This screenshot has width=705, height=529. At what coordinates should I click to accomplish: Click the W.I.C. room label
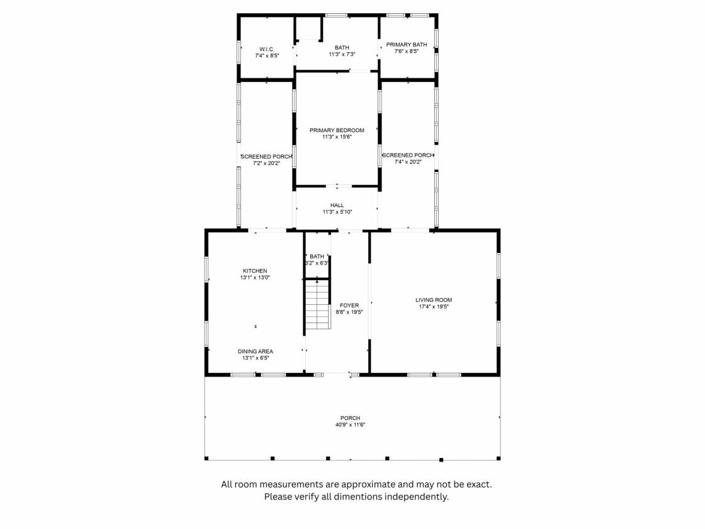click(267, 49)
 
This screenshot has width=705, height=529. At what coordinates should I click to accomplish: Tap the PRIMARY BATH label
click(407, 45)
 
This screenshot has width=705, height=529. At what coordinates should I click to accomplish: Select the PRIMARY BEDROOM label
click(337, 130)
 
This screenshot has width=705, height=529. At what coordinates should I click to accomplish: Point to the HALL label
click(337, 205)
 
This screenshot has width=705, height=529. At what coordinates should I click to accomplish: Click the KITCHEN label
click(255, 271)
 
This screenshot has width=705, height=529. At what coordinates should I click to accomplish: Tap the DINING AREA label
click(256, 351)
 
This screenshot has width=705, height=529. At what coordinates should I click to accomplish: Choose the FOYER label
click(349, 305)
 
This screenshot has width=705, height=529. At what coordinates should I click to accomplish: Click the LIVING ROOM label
click(434, 300)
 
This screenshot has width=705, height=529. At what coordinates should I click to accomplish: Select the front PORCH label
click(350, 418)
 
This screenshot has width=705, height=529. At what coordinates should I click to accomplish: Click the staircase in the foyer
click(318, 304)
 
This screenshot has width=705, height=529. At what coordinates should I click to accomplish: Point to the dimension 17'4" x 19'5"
click(434, 307)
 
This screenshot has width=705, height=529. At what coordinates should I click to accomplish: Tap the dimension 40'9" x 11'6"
click(350, 424)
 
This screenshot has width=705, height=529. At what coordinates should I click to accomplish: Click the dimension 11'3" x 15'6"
click(337, 137)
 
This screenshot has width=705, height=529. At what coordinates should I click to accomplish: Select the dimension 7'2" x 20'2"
click(266, 163)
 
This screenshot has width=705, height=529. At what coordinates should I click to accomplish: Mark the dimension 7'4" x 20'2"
click(408, 162)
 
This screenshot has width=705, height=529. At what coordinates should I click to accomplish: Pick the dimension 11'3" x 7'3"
click(342, 54)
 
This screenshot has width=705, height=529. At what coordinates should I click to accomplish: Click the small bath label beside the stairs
click(317, 256)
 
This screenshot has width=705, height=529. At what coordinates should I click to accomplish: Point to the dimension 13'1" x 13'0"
click(255, 278)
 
